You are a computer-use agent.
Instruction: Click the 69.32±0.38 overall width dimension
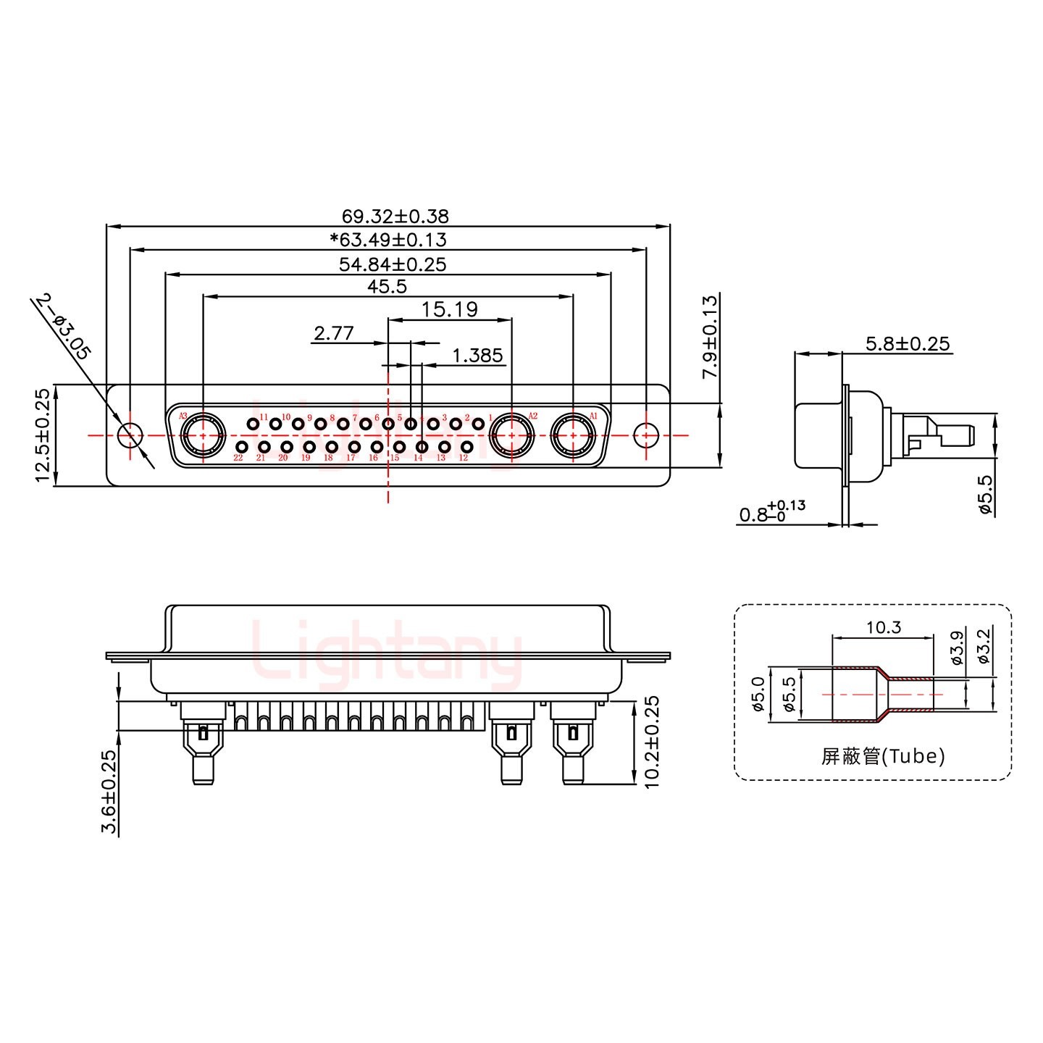coord(395,216)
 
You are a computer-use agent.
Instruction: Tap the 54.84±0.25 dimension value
coord(393,264)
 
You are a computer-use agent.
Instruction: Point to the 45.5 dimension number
coord(387,287)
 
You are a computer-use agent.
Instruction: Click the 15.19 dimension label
coord(450,310)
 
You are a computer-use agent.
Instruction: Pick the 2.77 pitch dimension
coord(333,333)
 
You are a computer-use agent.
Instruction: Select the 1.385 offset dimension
coord(477,356)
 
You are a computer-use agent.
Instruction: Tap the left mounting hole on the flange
coord(130,435)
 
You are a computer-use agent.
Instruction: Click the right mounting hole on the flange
coord(646,435)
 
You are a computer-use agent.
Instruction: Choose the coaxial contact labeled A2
coord(512,436)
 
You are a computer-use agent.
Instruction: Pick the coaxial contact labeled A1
coord(573,436)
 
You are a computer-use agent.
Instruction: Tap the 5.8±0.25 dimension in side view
coord(907,343)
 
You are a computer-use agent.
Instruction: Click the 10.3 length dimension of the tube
coord(883,627)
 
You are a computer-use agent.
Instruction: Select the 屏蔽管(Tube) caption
coord(882,757)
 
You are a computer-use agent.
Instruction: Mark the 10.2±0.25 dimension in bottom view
coord(652,742)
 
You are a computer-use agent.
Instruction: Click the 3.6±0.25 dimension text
coord(109,792)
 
